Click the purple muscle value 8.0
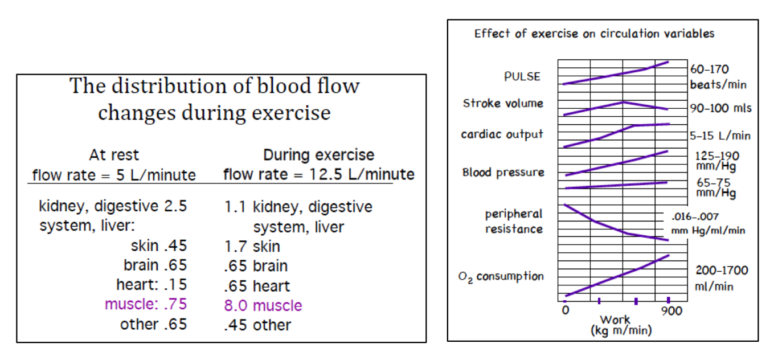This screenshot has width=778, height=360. (x=236, y=305)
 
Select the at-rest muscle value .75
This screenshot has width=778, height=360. (x=175, y=304)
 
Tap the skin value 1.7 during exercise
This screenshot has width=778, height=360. (x=235, y=247)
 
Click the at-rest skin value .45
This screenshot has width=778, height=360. (x=175, y=246)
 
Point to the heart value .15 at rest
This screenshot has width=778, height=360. (x=175, y=284)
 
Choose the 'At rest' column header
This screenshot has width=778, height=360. (x=114, y=155)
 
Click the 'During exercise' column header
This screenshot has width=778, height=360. (x=318, y=155)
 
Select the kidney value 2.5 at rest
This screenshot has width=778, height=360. (x=175, y=206)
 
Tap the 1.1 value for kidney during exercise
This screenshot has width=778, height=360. (x=235, y=207)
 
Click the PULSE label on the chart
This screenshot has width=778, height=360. (x=522, y=76)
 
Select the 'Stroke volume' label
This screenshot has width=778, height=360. (x=503, y=104)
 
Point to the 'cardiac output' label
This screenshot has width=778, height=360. (x=502, y=134)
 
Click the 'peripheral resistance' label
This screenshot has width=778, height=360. (x=514, y=222)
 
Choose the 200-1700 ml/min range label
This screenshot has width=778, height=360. (x=721, y=278)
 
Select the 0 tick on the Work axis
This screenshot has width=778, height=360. (x=564, y=311)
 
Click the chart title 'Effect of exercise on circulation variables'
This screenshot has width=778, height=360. (x=594, y=34)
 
